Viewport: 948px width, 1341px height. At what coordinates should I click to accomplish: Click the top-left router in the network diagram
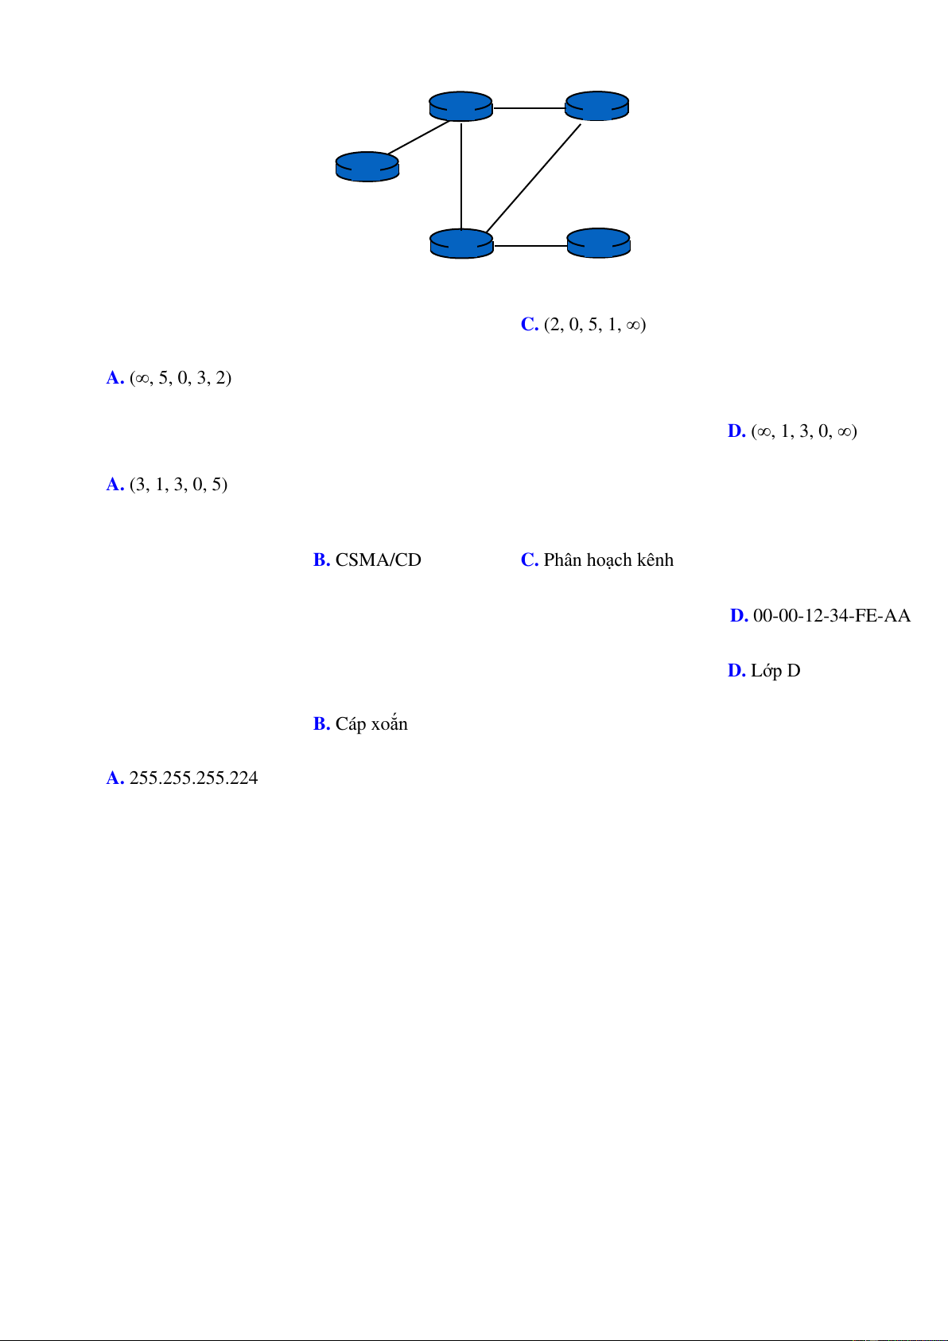(x=460, y=107)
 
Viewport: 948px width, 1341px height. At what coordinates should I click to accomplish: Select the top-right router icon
(x=596, y=106)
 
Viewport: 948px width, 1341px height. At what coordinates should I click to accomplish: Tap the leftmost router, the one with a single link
(x=367, y=166)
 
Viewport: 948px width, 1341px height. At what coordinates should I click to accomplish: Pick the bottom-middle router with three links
(x=461, y=244)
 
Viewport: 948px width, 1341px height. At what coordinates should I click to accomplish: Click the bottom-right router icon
(x=598, y=243)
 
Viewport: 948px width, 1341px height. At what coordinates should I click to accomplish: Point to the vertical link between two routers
(x=461, y=175)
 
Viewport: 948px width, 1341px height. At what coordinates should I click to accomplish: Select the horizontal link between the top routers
(x=529, y=107)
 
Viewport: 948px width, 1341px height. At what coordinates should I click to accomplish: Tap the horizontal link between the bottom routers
(x=530, y=246)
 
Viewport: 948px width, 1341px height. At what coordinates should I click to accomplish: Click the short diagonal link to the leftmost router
(x=418, y=137)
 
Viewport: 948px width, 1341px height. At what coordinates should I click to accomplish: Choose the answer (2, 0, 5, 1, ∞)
(x=594, y=325)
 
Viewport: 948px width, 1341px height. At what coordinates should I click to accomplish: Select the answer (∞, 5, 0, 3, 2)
(x=180, y=378)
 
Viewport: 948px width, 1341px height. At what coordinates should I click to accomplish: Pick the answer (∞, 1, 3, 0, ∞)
(x=803, y=431)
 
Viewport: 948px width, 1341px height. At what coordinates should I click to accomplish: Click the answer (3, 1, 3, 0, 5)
(x=178, y=485)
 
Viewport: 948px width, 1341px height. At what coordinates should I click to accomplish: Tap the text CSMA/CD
(x=378, y=560)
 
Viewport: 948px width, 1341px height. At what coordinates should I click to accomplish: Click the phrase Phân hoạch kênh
(x=608, y=560)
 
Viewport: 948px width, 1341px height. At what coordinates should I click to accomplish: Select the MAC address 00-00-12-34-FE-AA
(x=831, y=616)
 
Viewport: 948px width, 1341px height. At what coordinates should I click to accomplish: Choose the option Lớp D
(x=775, y=671)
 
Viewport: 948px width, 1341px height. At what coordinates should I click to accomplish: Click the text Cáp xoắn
(x=371, y=724)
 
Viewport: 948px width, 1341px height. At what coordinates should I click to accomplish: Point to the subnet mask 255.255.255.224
(x=193, y=778)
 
